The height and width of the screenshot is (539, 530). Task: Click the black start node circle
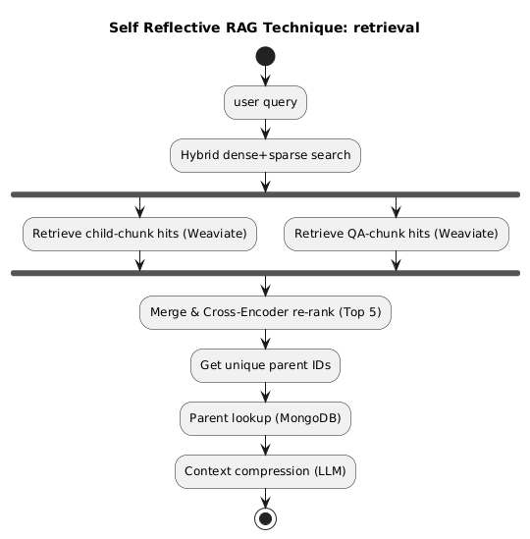point(265,56)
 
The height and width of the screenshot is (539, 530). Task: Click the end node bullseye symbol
point(265,518)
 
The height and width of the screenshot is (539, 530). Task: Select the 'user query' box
point(265,102)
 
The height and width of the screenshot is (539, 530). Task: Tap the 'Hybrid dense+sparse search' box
point(265,155)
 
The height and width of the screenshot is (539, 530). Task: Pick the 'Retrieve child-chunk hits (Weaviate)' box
point(139,234)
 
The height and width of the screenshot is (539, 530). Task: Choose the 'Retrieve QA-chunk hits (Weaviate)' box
point(397,234)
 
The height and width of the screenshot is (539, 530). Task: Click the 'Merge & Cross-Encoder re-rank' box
point(265,312)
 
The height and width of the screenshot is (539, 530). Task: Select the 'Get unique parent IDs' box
point(265,365)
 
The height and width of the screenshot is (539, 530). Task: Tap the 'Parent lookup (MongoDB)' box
point(265,418)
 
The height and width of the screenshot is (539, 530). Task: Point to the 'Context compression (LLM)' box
point(265,471)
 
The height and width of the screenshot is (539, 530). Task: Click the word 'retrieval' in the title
point(387,27)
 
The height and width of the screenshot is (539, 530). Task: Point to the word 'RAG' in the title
point(241,27)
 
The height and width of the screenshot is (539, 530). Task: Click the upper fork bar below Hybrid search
point(265,194)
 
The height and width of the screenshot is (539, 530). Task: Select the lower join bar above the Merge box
point(265,273)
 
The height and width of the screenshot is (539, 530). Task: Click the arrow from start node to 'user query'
point(265,76)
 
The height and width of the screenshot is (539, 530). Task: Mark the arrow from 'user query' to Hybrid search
point(265,130)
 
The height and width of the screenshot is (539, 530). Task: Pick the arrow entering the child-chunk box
point(139,207)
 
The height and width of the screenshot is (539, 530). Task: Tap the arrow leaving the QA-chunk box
point(397,260)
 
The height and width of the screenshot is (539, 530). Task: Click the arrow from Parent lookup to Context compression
point(265,445)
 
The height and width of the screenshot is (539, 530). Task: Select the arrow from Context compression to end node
point(265,498)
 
